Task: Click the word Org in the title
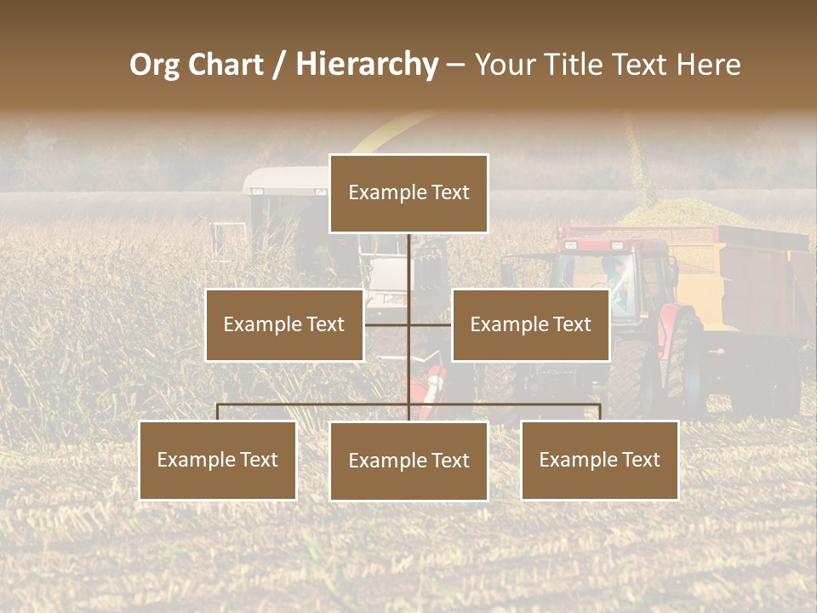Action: (155, 65)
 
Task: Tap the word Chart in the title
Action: (224, 65)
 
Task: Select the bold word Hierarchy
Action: (366, 65)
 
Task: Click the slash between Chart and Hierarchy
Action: (278, 66)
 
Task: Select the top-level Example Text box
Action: (408, 193)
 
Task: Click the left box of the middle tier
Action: (284, 324)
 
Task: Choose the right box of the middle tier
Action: (530, 324)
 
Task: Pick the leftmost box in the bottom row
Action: (218, 460)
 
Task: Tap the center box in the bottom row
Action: (408, 461)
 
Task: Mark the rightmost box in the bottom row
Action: (600, 460)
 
